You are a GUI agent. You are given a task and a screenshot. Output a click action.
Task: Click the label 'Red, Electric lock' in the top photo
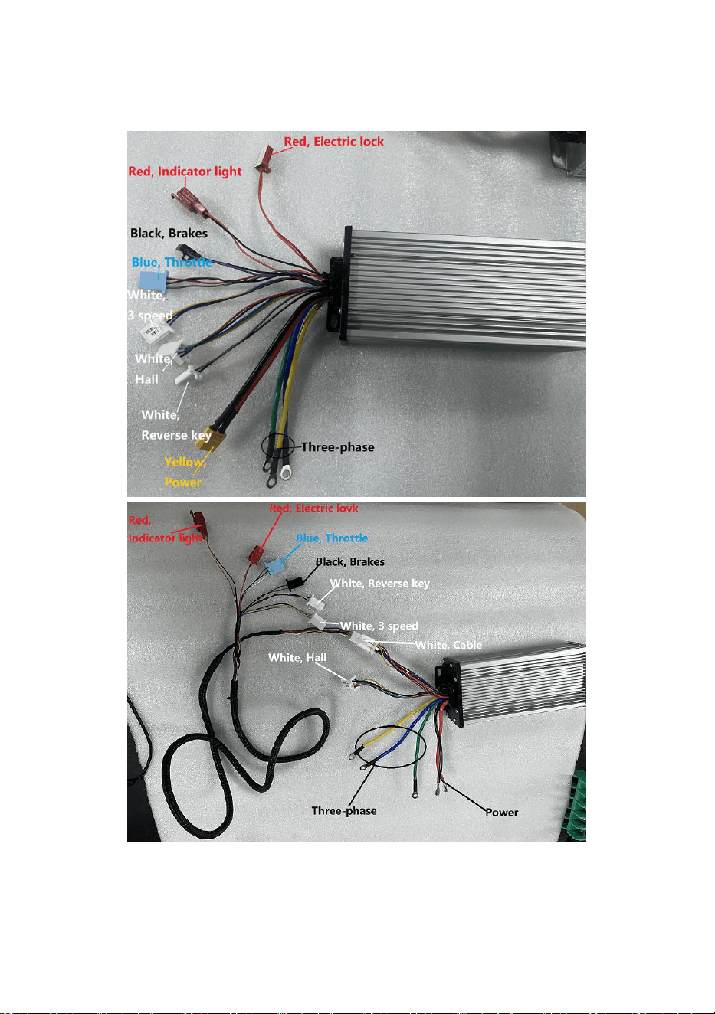coord(333,142)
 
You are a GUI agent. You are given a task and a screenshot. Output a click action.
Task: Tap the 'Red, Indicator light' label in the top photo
coord(185,172)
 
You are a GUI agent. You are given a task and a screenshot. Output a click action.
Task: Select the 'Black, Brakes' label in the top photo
coord(169,233)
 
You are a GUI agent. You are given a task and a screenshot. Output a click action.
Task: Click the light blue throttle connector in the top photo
coord(152,280)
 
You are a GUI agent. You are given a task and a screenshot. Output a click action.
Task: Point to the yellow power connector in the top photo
coord(210,438)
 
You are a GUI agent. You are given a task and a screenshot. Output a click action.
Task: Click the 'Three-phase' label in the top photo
coord(337,447)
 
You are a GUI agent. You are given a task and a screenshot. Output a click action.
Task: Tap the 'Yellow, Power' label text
coord(185,472)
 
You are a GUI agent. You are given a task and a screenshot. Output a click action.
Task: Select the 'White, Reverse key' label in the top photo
coord(176,425)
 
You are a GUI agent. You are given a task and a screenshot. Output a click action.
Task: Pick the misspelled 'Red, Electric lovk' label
coord(313,509)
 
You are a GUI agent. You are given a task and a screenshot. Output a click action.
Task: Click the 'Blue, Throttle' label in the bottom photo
coord(332,538)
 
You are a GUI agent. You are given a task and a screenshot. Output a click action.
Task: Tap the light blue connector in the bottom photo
coord(274,567)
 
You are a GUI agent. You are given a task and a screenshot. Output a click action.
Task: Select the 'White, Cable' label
coord(448,645)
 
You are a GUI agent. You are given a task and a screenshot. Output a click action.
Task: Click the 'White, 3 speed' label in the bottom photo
coord(379,626)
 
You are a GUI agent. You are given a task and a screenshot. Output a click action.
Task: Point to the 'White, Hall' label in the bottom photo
coord(297,657)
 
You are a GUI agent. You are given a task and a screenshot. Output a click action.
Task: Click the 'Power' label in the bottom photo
coord(502,813)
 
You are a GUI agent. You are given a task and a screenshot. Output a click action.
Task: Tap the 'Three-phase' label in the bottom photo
coord(344,810)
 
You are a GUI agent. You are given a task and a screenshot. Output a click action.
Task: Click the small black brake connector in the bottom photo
coord(294,583)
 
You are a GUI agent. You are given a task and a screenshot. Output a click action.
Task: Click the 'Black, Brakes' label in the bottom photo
coord(349,562)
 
